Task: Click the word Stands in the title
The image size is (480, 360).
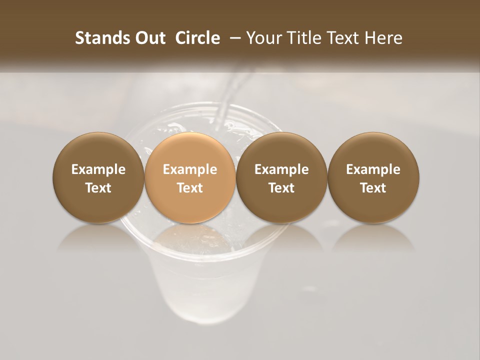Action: pyautogui.click(x=97, y=38)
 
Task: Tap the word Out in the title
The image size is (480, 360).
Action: pyautogui.click(x=149, y=38)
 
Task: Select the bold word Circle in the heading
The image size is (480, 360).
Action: pyautogui.click(x=197, y=38)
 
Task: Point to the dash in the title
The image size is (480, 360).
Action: pyautogui.click(x=233, y=38)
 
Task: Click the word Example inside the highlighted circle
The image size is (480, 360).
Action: pyautogui.click(x=190, y=169)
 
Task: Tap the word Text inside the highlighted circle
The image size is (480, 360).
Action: pyautogui.click(x=190, y=188)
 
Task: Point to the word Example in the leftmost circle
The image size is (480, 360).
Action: pyautogui.click(x=98, y=169)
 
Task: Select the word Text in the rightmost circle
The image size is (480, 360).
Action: pyautogui.click(x=373, y=188)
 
